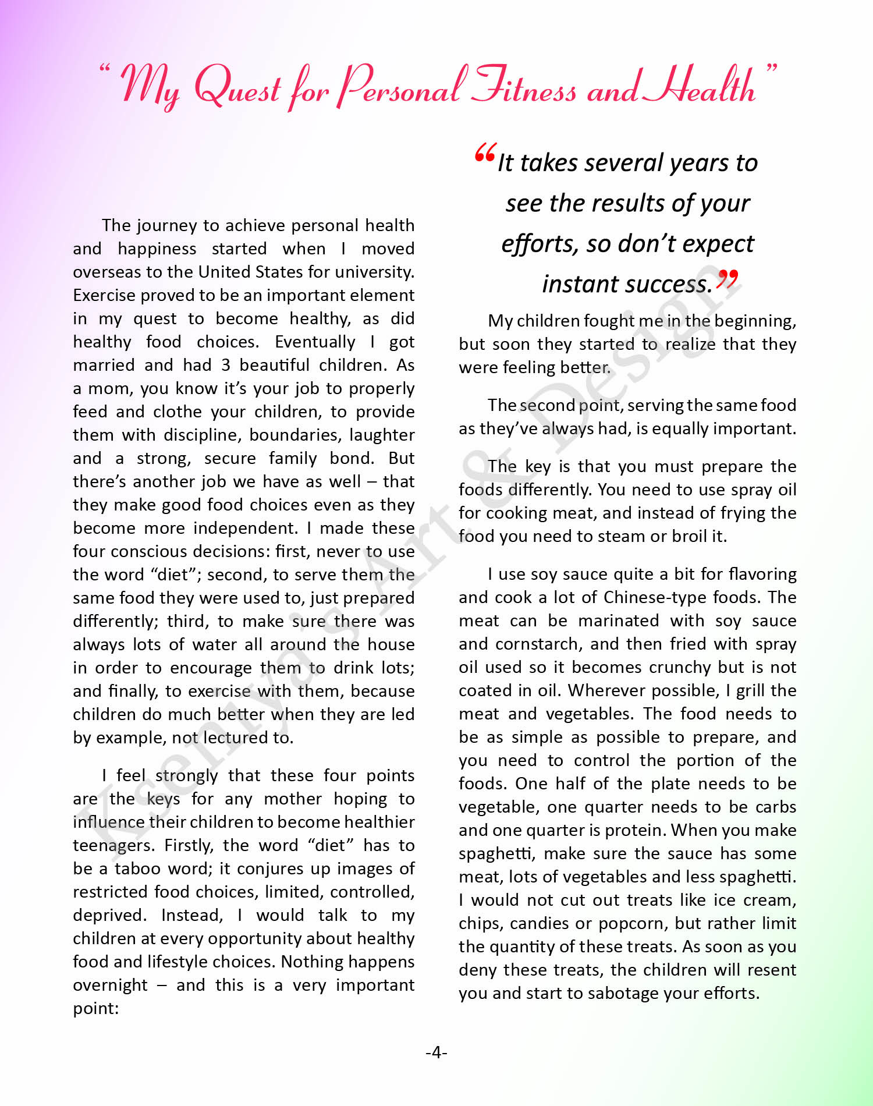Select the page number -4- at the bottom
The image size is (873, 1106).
tap(436, 1052)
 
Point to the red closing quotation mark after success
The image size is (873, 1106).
tap(727, 279)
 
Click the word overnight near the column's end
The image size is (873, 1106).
tap(110, 985)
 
